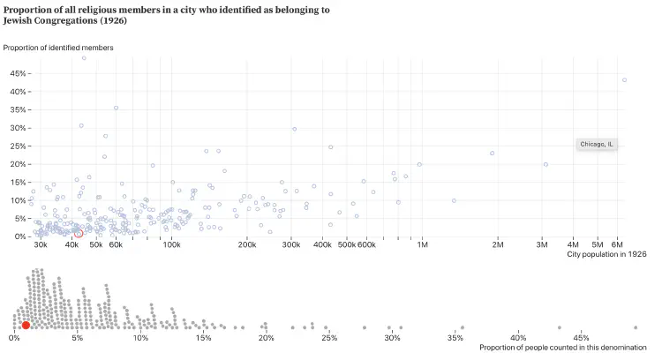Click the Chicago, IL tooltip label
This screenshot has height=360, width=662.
point(597,144)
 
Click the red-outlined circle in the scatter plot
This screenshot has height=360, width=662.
point(79,233)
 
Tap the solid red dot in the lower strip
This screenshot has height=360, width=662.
point(26,326)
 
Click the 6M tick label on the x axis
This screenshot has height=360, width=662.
point(619,244)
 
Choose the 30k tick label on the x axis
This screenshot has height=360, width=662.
point(40,244)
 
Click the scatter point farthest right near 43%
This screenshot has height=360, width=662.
point(624,80)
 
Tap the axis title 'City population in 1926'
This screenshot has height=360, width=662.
point(607,254)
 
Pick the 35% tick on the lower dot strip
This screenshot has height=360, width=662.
point(455,338)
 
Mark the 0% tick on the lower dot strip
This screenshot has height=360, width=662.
point(14,338)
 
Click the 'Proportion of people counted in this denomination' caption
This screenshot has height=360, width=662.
point(563,348)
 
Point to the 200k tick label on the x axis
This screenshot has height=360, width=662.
point(246,244)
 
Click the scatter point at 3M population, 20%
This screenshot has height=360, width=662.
point(545,164)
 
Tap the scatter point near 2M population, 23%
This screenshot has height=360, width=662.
point(492,153)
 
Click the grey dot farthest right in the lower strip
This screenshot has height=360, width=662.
point(635,327)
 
